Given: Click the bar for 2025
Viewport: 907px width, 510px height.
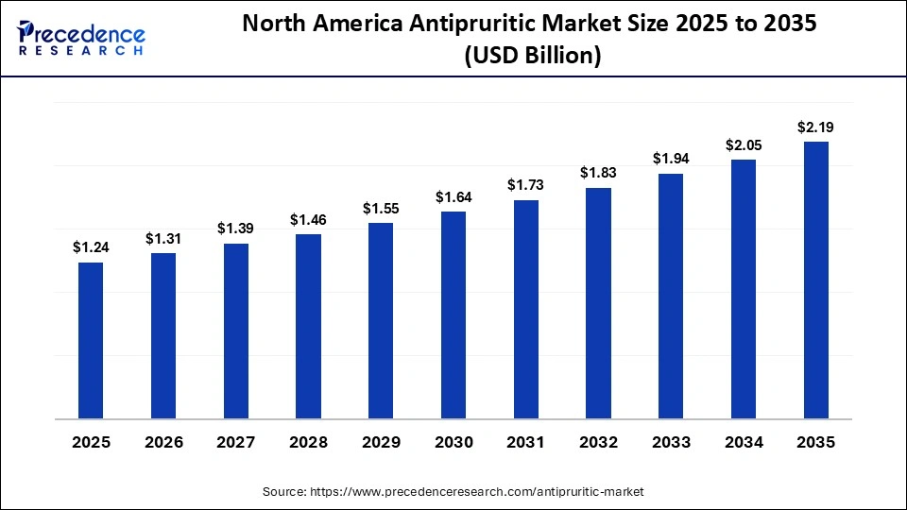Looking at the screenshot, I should click(x=91, y=340).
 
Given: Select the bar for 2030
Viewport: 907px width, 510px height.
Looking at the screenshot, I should click(x=453, y=314).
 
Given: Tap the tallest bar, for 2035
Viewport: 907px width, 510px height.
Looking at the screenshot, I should click(x=815, y=280).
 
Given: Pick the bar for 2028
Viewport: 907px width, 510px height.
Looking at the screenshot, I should click(x=308, y=326).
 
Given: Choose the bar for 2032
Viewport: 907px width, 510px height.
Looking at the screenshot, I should click(x=598, y=302).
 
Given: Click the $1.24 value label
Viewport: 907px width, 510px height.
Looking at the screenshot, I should click(x=91, y=247).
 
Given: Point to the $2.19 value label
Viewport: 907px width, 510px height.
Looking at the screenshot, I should click(x=815, y=127).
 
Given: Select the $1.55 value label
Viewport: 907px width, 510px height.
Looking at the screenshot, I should click(x=381, y=208).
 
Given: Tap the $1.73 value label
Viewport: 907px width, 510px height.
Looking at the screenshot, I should click(x=525, y=185).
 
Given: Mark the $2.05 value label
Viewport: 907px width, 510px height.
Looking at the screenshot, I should click(x=743, y=144).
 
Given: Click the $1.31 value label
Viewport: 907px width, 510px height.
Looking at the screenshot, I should click(x=163, y=239).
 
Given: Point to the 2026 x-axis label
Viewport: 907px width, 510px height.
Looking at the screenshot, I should click(x=163, y=442).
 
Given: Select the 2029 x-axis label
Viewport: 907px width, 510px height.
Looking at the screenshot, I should click(x=381, y=442).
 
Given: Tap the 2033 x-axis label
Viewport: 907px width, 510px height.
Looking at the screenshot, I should click(x=671, y=442).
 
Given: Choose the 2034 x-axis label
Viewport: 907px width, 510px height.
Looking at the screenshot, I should click(x=743, y=442).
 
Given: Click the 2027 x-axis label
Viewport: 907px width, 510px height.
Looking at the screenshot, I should click(x=235, y=442).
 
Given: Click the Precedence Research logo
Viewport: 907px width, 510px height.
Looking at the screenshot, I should click(x=81, y=38).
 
